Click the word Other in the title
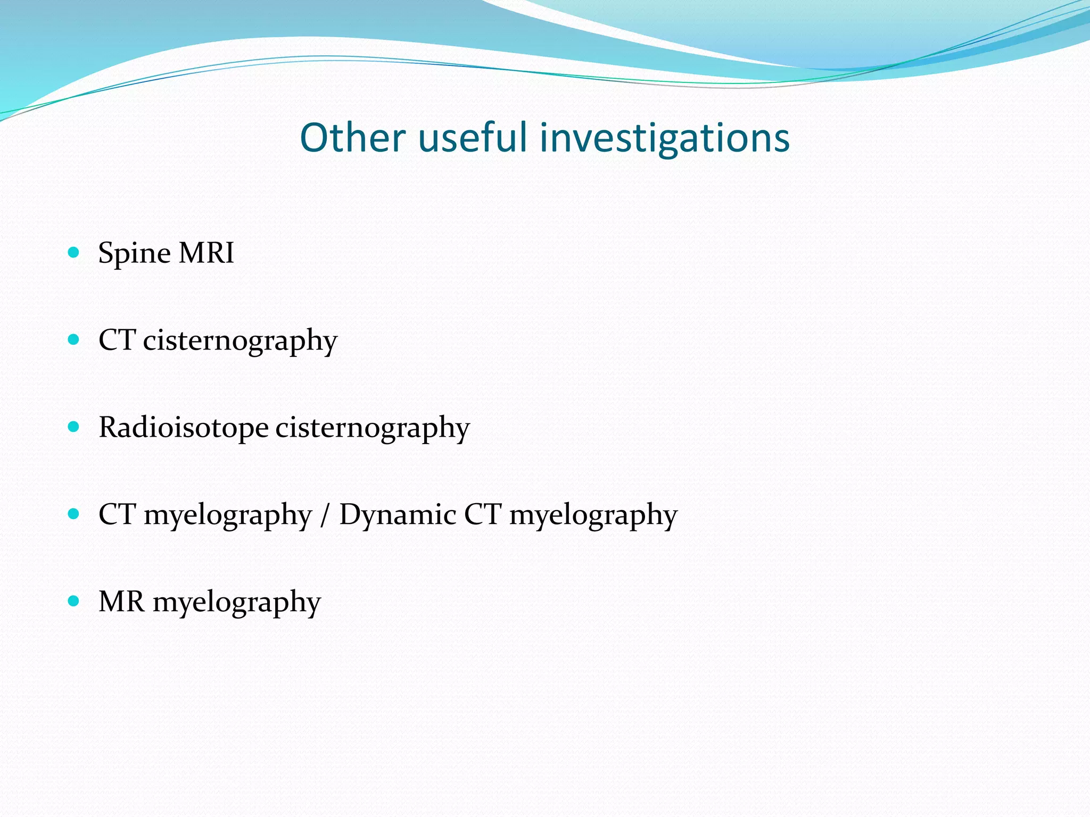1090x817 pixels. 352,138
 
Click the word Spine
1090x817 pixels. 135,253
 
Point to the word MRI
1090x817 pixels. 207,253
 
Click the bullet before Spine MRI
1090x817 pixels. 74,252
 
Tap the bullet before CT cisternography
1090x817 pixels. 74,339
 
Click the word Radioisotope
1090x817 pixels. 184,428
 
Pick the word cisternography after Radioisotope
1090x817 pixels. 373,429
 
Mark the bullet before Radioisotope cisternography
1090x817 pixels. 74,427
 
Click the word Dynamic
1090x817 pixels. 398,515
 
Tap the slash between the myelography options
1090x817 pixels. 325,515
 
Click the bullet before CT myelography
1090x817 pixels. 74,514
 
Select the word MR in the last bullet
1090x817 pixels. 121,602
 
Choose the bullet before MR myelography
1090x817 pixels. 74,601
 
